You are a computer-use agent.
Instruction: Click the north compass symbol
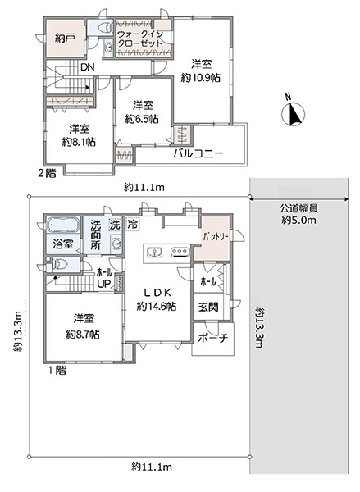294,114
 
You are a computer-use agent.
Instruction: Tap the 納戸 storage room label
65,39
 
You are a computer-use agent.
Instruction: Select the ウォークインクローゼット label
140,39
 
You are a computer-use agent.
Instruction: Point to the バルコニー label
198,154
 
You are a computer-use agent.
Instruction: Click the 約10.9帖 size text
201,78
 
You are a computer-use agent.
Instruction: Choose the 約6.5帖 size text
142,119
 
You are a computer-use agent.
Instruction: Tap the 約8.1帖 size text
79,142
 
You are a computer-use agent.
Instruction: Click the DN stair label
88,67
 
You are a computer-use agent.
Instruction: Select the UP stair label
104,285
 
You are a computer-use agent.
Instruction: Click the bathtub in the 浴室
62,226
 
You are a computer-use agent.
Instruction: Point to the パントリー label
216,236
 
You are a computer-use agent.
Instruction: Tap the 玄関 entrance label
209,307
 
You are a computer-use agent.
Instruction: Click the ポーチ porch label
212,338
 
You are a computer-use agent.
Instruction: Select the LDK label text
157,293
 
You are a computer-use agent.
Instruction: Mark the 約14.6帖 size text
157,307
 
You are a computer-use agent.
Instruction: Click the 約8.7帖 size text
83,335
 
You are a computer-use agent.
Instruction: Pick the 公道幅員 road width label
299,207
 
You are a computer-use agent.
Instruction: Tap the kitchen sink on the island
154,252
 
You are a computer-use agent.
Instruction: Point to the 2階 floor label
47,173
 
